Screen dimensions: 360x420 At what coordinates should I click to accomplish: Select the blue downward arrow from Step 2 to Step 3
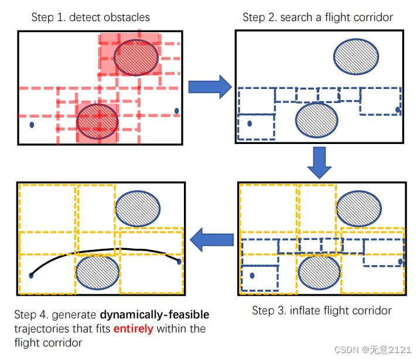[319, 162]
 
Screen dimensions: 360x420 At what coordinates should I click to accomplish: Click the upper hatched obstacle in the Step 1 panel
[136, 58]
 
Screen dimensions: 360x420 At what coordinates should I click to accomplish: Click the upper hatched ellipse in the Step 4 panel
[138, 208]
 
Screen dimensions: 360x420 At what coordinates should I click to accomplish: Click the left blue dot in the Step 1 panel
[32, 124]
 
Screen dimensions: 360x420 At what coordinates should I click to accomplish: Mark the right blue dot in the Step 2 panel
[398, 109]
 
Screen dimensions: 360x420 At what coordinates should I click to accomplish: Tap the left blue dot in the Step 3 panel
[252, 275]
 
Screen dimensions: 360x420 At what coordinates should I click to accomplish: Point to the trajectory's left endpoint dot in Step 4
[31, 275]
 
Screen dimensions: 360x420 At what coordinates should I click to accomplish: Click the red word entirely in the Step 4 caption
[133, 329]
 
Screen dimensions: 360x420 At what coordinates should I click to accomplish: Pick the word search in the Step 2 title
[293, 17]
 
